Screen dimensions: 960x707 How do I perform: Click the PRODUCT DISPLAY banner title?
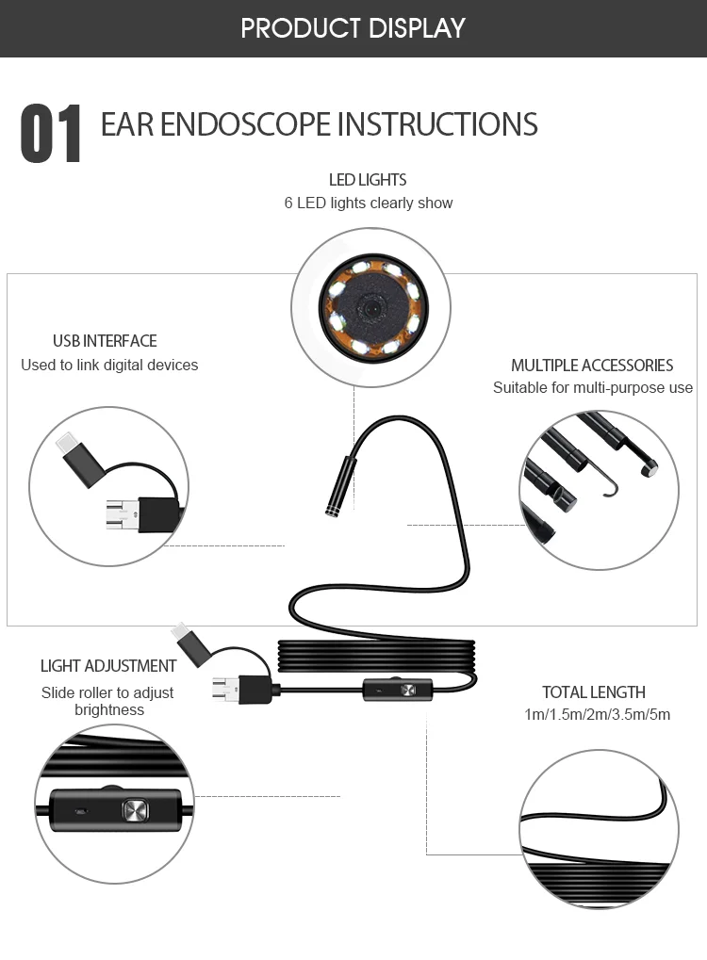coord(353,27)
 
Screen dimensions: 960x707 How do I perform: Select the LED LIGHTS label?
coord(368,179)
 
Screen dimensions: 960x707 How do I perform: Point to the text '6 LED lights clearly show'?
coord(369,203)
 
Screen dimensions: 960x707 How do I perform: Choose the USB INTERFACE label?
coord(105,341)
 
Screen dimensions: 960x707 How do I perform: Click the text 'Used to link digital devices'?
coord(109,365)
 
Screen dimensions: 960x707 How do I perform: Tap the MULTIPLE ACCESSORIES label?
coord(592,366)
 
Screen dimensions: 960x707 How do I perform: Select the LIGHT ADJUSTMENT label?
coord(108,666)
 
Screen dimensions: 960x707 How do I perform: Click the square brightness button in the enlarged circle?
coord(133,809)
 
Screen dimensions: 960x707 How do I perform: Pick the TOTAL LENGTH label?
coord(594,692)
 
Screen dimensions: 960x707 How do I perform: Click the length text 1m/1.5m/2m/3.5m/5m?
coord(598,714)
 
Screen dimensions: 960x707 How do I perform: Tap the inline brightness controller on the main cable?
coord(395,690)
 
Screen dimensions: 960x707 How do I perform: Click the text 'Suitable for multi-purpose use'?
coord(593,388)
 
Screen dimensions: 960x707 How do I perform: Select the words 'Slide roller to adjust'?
coord(107,692)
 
